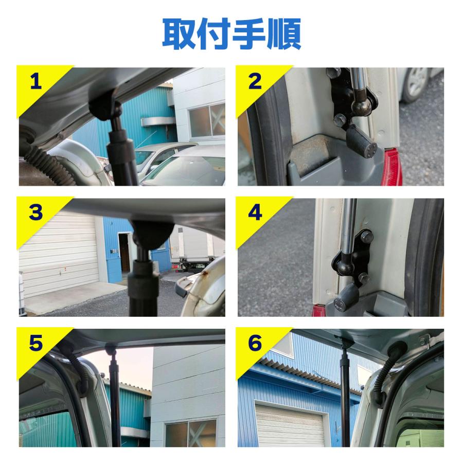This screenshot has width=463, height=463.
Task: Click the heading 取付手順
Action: (x=232, y=33)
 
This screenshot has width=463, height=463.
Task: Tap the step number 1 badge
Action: (x=35, y=81)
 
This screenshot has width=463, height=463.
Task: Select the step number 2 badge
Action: (x=255, y=81)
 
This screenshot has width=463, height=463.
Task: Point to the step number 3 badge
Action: (x=35, y=212)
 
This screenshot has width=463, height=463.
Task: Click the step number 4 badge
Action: (x=255, y=212)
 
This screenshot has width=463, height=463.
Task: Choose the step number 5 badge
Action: (x=35, y=343)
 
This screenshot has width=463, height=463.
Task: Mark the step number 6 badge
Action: (x=255, y=343)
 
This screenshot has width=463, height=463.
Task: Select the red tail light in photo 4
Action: (x=318, y=311)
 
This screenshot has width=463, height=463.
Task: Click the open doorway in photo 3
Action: (x=124, y=253)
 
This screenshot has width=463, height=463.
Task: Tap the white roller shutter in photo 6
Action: (x=290, y=425)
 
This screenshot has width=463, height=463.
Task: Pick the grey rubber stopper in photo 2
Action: (x=361, y=140)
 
